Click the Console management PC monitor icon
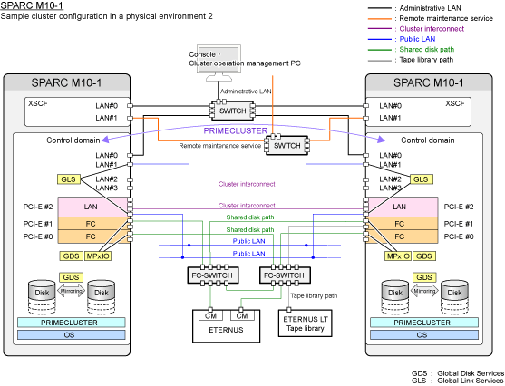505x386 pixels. (x=219, y=63)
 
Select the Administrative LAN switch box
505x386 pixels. (x=232, y=111)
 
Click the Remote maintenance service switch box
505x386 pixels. (x=286, y=145)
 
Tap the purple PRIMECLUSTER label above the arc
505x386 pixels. (x=236, y=130)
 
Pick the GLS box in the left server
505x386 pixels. (x=69, y=179)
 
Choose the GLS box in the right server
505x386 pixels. (x=421, y=179)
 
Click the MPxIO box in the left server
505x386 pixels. (x=98, y=256)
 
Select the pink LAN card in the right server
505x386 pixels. (x=403, y=207)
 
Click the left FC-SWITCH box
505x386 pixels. (x=213, y=275)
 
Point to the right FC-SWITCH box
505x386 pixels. (x=285, y=275)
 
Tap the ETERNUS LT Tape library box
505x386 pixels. (x=305, y=323)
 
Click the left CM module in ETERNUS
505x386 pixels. (x=210, y=316)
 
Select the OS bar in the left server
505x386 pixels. (x=72, y=335)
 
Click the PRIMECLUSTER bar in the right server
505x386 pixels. (x=423, y=323)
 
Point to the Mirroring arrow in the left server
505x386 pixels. (x=72, y=291)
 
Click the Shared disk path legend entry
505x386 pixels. (x=412, y=49)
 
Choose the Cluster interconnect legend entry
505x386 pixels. (x=416, y=29)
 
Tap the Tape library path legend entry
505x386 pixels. (x=411, y=60)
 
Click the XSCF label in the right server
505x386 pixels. (x=455, y=103)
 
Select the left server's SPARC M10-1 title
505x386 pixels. (x=66, y=82)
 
